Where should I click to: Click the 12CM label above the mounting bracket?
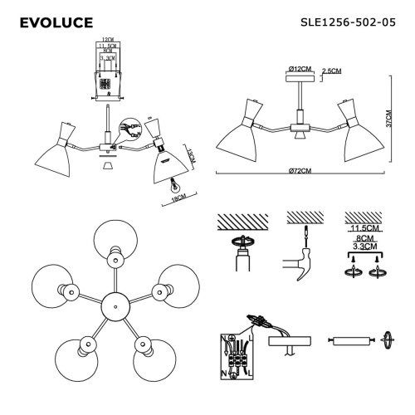pos(105,40)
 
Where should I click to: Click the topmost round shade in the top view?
pos(111,242)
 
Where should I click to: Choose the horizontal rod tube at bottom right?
pos(351,340)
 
